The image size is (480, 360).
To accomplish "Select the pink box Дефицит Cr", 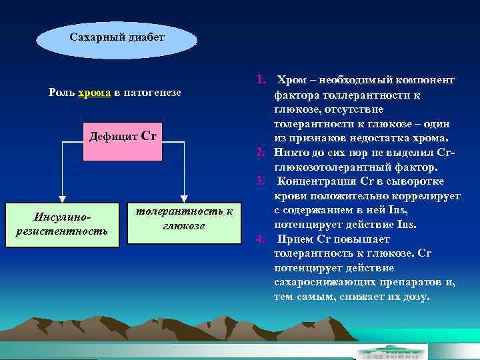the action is (x=123, y=141).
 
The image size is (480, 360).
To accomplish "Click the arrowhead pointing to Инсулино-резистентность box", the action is (x=62, y=197).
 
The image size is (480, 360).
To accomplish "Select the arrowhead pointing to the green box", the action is (x=183, y=197).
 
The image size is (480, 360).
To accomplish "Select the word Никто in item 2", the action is (x=291, y=153).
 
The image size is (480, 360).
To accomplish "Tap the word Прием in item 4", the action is (x=295, y=239).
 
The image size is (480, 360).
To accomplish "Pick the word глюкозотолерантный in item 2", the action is (x=325, y=167).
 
